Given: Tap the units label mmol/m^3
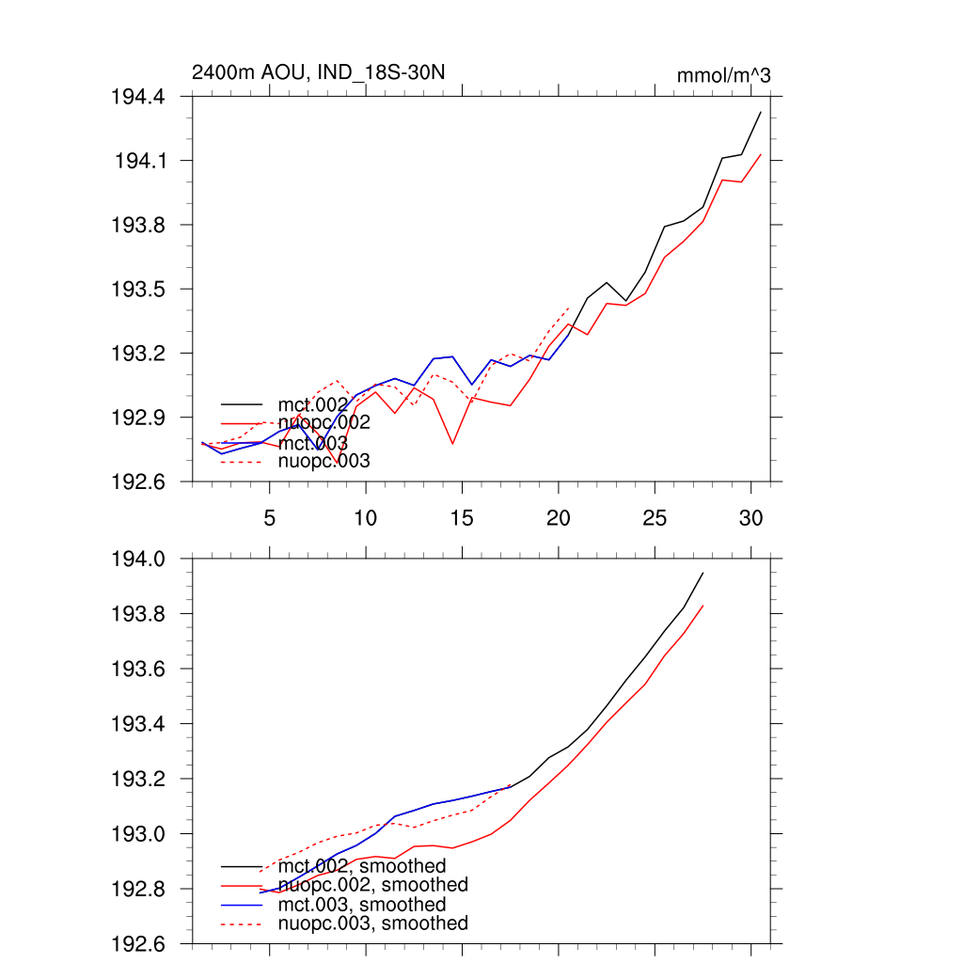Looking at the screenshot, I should (723, 75).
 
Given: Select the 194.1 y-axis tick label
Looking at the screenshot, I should (141, 161).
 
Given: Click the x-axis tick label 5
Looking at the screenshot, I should (270, 517).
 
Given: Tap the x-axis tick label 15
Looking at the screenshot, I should (462, 517).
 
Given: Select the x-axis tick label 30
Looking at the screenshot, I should (750, 517).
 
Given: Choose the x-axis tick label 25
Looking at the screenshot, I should (655, 517).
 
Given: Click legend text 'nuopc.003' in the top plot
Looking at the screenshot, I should (324, 461).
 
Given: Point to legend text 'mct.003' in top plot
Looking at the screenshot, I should (313, 442).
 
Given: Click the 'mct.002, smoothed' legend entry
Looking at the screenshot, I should (362, 865).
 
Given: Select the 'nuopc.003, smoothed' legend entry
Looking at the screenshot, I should (373, 924).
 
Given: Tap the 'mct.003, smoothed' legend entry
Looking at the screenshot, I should (362, 905).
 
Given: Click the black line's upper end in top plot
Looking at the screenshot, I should (760, 112).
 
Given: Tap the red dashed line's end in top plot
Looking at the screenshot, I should (569, 308).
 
